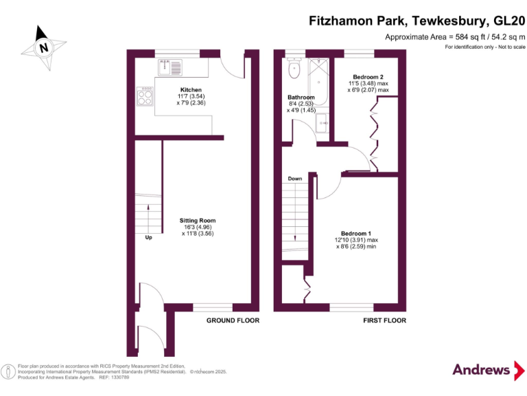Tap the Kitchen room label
pos(190,90)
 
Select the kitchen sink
pos(170,67)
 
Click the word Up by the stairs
pos(148,238)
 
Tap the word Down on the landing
pos(295,179)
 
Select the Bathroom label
pos(301,98)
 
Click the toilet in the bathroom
pos(295,68)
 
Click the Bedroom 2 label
pos(368,76)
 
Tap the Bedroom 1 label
pos(356,234)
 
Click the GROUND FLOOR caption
pos(233,320)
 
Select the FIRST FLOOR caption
pos(384,320)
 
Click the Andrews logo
pos(482,370)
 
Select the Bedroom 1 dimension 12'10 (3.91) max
pos(356,241)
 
